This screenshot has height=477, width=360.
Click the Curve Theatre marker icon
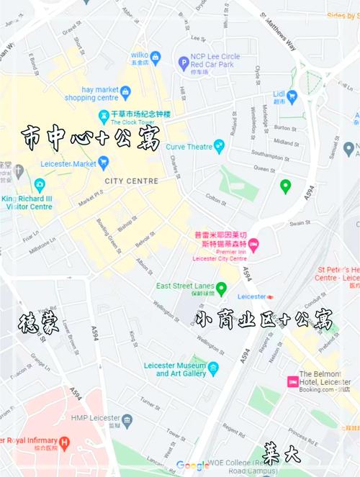click(x=220, y=147)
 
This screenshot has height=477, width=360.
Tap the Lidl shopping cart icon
click(x=292, y=95)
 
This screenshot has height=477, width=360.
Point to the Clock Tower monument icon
click(x=104, y=114)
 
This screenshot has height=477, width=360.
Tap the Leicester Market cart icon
click(x=104, y=162)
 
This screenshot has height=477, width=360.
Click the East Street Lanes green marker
click(x=221, y=289)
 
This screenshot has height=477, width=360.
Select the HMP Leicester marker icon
click(x=127, y=419)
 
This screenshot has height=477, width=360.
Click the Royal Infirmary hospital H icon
click(x=65, y=440)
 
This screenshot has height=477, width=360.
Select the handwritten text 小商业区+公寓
click(x=265, y=319)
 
